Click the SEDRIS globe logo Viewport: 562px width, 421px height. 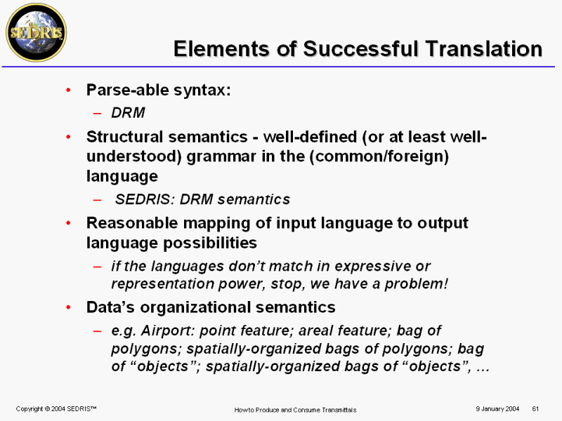tap(37, 32)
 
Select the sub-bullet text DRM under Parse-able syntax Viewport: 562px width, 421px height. tap(128, 113)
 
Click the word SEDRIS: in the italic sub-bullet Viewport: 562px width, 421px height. tap(145, 199)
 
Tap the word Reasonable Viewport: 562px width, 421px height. tap(132, 223)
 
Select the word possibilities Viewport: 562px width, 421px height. tap(210, 243)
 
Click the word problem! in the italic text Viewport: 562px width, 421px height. tap(416, 284)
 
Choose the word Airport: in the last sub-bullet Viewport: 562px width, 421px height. tap(168, 330)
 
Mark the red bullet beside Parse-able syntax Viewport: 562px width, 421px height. tap(68, 91)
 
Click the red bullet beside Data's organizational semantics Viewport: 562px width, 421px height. tap(68, 307)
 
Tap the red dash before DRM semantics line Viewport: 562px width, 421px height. tap(97, 200)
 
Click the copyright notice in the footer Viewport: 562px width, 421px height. tap(56, 409)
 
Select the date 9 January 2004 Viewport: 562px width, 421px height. tap(497, 409)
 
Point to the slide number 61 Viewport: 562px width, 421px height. tap(535, 409)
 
